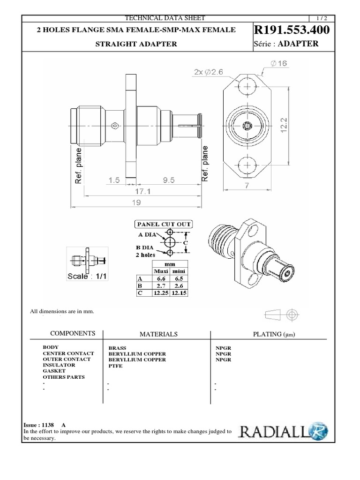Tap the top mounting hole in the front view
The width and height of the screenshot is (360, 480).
[246, 87]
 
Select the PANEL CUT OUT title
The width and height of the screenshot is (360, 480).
[164, 224]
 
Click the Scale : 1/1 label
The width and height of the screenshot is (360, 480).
[88, 276]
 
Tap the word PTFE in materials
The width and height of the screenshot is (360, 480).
[115, 366]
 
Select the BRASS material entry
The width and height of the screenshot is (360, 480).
[117, 348]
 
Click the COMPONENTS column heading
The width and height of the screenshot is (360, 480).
[73, 333]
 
